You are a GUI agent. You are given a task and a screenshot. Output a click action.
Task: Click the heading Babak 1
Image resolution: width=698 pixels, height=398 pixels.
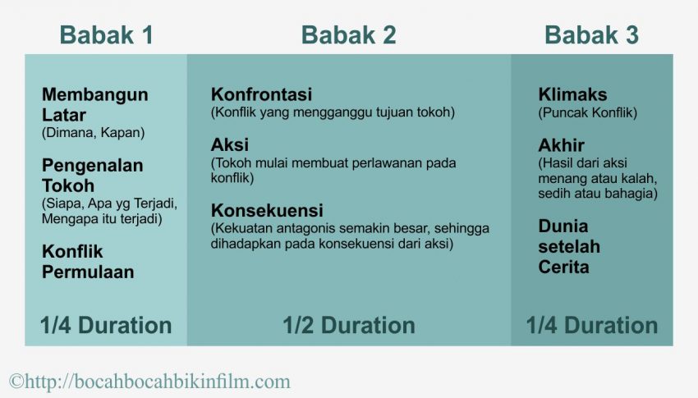(x=106, y=35)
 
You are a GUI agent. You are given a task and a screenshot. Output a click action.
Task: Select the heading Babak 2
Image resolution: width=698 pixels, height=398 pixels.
(x=348, y=35)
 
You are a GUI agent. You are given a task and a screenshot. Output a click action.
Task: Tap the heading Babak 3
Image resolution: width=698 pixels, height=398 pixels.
(x=591, y=35)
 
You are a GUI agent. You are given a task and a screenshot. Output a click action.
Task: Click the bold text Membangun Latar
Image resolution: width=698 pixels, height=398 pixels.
(x=94, y=104)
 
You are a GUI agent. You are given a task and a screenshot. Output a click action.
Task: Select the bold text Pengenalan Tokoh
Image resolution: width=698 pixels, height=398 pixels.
(x=92, y=175)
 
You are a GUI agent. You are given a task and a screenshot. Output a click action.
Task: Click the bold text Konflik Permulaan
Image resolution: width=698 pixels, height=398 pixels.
(x=87, y=262)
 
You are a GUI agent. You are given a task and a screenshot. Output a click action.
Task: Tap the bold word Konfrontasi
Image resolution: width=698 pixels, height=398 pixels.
(x=261, y=94)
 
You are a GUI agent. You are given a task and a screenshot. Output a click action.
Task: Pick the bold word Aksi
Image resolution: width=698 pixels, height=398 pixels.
(x=229, y=145)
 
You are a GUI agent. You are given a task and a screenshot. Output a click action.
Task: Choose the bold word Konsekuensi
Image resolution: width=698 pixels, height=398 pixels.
(x=266, y=209)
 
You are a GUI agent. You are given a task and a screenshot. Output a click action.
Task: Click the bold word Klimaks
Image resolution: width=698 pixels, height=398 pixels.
(x=572, y=94)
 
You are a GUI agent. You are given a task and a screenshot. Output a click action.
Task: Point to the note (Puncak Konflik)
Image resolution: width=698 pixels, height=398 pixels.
(x=587, y=112)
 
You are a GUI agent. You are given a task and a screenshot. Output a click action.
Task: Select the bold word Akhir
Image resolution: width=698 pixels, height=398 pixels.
(x=561, y=145)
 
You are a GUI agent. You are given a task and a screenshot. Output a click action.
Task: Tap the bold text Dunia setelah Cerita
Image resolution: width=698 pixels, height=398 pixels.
(x=569, y=246)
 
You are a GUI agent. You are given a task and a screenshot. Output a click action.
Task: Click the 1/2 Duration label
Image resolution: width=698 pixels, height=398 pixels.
(x=348, y=325)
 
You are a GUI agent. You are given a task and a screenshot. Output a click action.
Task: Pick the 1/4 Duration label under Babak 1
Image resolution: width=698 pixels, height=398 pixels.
(x=106, y=325)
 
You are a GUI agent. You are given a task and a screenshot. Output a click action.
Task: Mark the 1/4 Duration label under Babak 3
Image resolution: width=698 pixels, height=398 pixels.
(x=591, y=325)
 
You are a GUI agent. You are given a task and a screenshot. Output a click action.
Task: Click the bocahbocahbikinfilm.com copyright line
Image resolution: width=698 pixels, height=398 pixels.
(x=149, y=381)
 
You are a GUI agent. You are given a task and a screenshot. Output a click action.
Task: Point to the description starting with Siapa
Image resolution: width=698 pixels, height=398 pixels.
(x=109, y=211)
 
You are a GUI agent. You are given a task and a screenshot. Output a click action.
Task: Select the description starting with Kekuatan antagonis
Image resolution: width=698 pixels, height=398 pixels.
(x=349, y=236)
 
